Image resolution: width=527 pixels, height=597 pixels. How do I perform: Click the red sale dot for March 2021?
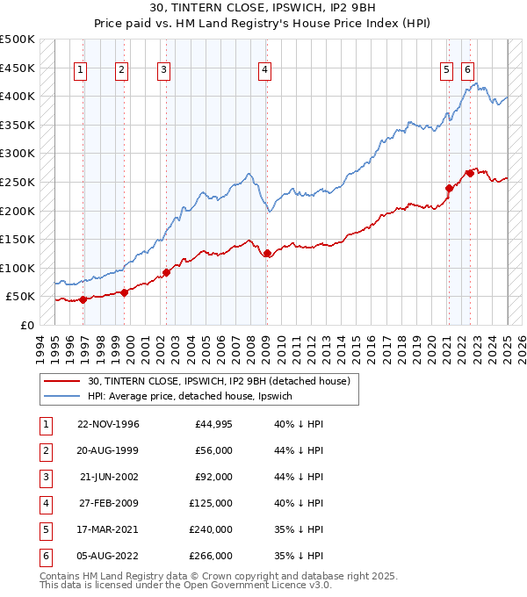449,187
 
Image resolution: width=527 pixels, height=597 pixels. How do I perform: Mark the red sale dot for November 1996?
83,299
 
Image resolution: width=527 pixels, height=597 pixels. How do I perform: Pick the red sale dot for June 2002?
166,272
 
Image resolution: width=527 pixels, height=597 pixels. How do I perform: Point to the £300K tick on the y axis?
18,153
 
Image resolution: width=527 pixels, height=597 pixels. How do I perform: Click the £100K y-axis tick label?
18,268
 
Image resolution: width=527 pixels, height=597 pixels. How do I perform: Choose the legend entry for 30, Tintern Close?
219,381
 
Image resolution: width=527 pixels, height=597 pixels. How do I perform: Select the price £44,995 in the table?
210,424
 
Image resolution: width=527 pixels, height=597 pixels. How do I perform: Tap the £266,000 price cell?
210,556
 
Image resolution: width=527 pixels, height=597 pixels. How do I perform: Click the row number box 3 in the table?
44,477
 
